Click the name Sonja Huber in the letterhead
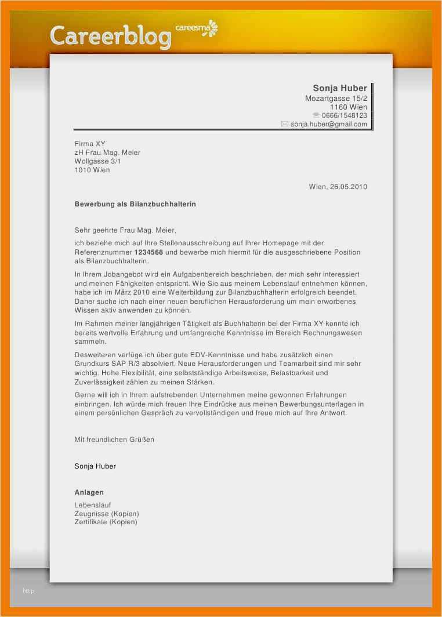pos(339,88)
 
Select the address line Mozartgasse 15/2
pos(336,99)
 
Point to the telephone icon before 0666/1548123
pos(316,115)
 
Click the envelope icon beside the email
pos(284,124)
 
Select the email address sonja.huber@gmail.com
pos(328,124)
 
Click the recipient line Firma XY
pos(90,144)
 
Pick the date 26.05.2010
pos(348,187)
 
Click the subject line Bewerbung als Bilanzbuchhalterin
pos(135,204)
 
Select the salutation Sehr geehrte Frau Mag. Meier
pos(125,230)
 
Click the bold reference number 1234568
pos(148,252)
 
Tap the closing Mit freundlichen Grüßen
pos(114,440)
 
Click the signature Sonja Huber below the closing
pos(95,466)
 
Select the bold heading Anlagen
pos(89,492)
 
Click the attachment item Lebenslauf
pos(93,505)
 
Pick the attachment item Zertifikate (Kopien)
pos(106,522)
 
